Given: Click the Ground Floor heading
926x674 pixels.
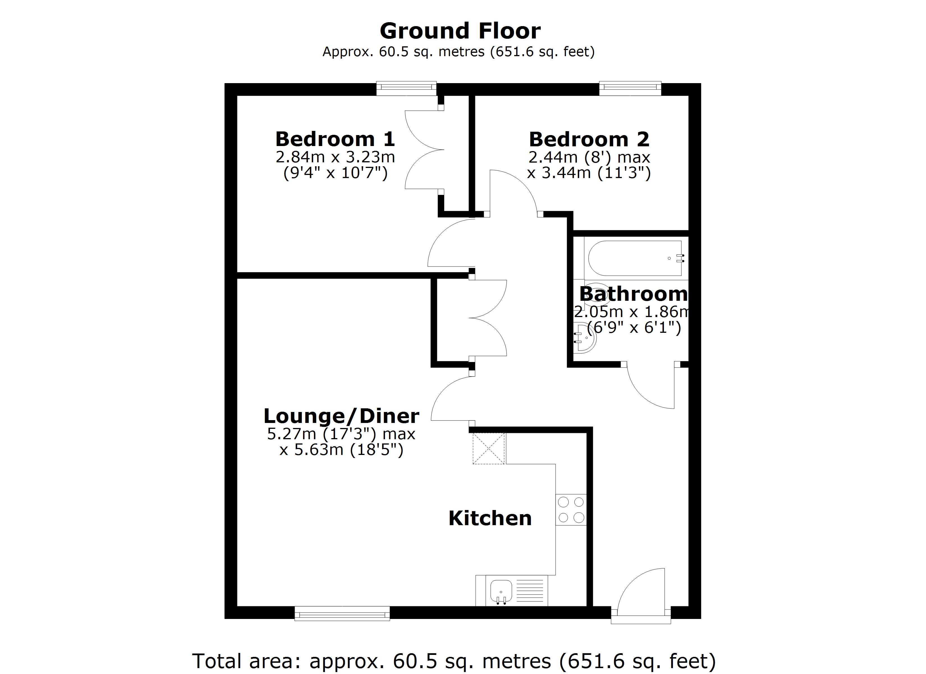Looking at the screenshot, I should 460,31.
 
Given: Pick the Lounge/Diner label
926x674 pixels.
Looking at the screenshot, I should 341,416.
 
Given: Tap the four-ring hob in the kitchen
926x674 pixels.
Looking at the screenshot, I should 571,510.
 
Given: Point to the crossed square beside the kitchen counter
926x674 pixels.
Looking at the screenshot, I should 488,448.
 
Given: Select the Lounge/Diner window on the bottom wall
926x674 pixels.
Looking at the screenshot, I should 342,613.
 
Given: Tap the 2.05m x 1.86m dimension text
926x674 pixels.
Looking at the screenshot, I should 632,312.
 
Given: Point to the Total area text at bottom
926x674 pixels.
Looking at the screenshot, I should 454,661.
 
